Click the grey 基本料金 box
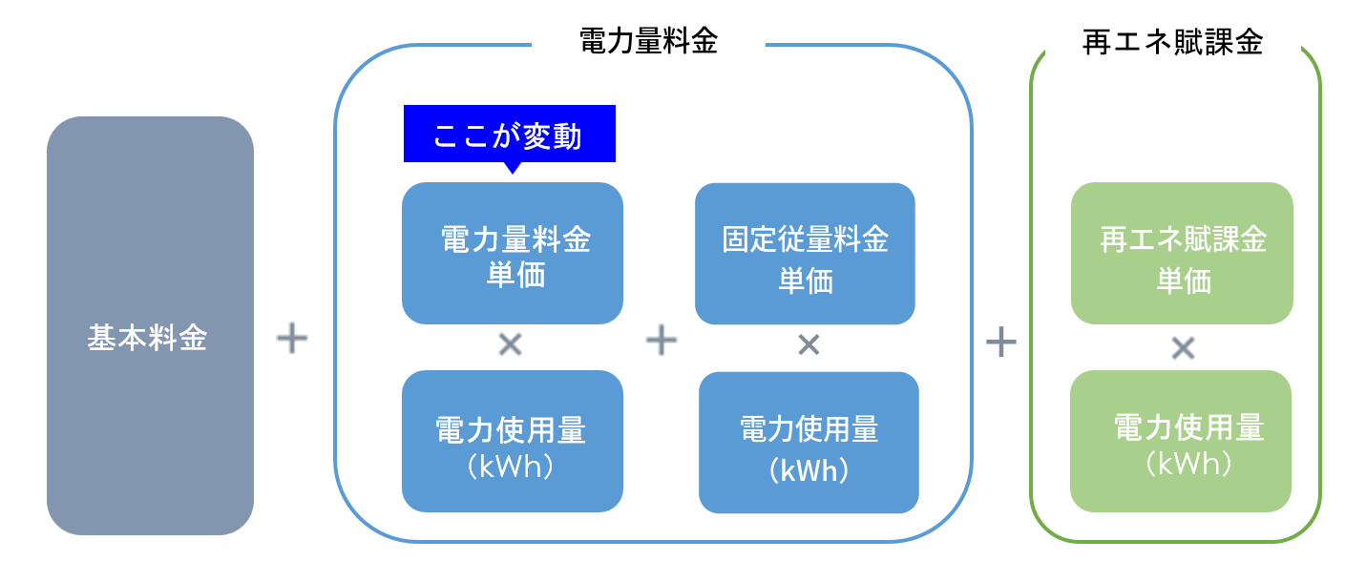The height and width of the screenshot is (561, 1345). pos(150,325)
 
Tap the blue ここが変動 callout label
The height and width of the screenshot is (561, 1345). pos(509,134)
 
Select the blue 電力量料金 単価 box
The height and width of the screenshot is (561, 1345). pos(513,254)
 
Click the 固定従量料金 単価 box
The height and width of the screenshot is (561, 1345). pos(805,254)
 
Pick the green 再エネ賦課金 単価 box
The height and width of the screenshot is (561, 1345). pos(1182,254)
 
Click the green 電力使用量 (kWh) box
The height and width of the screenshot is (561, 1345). pos(1181,442)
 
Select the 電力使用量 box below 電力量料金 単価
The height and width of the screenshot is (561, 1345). pos(513,442)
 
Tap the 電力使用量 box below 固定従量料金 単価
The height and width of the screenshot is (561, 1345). pos(809,443)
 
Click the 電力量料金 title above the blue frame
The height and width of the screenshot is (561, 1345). pos(648,42)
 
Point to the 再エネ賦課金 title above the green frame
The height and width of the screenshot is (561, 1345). pos(1173,42)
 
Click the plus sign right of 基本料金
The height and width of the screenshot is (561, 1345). pos(292,339)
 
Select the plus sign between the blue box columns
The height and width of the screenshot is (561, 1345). pos(661,341)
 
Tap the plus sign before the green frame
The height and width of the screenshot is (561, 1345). pos(1000,341)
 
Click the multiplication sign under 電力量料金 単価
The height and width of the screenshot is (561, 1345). pos(511,345)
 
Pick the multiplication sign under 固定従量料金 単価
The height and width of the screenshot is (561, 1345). pos(809,345)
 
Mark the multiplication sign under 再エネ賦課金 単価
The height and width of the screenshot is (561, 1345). pos(1183,349)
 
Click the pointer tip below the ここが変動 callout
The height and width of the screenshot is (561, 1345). pos(513,169)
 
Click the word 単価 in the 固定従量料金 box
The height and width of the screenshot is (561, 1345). pos(806,281)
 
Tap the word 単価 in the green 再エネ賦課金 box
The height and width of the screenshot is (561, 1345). pos(1184,281)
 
